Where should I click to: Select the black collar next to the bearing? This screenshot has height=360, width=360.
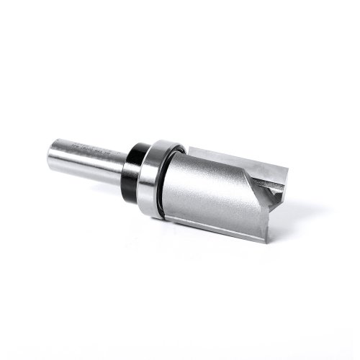pyautogui.click(x=134, y=167)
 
